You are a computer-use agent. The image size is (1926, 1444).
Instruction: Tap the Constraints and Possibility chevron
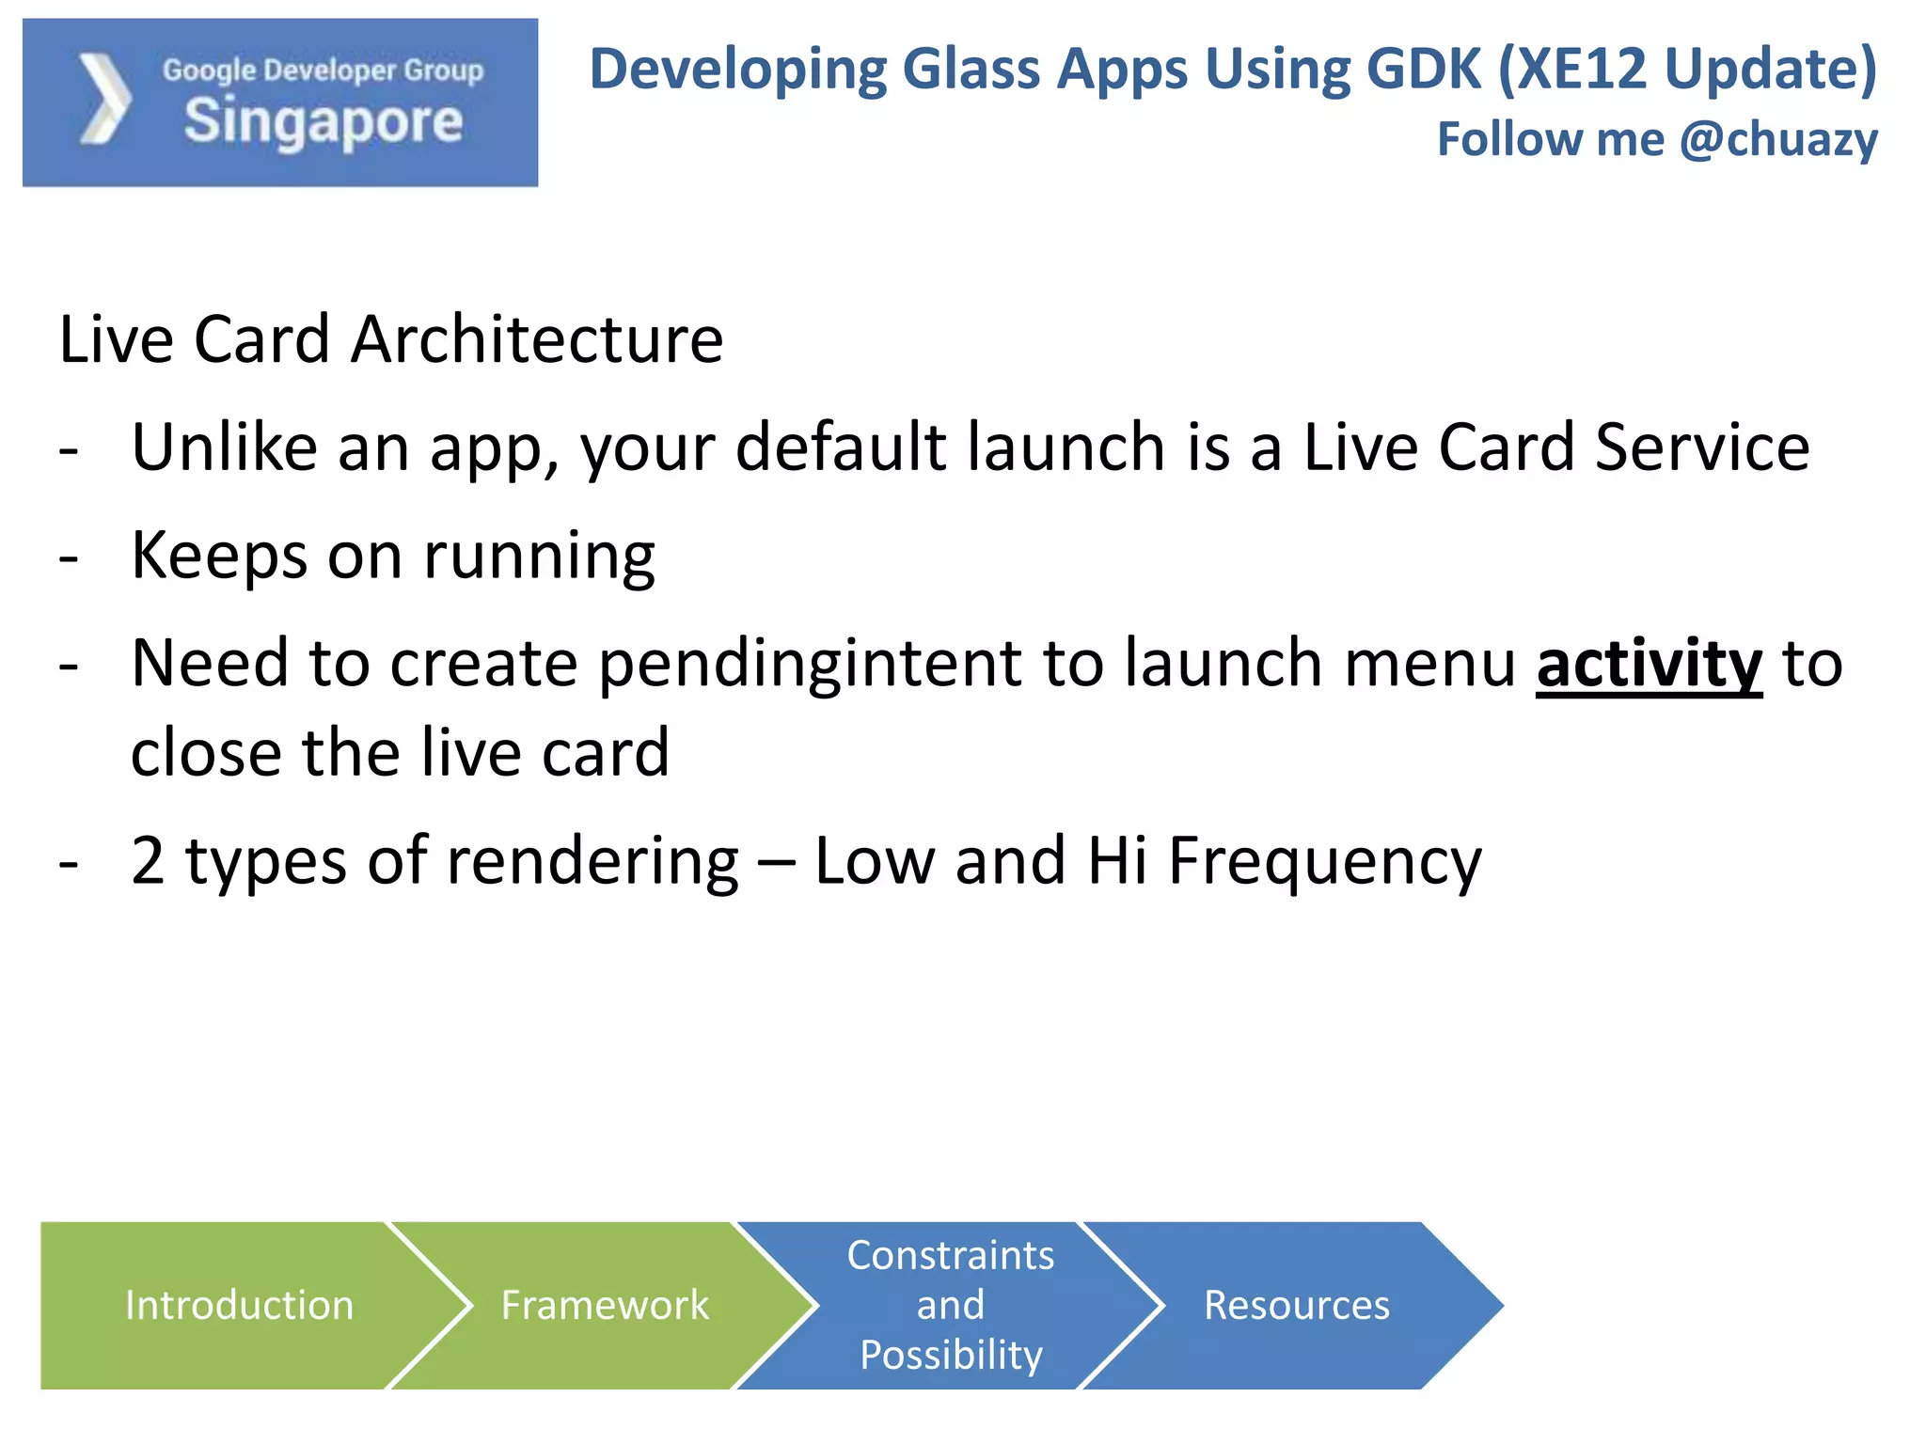[x=950, y=1305]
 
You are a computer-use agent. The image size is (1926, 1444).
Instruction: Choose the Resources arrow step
[x=1296, y=1305]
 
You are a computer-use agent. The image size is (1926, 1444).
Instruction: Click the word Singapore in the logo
[x=324, y=122]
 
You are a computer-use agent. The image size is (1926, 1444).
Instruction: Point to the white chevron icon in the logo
[x=104, y=100]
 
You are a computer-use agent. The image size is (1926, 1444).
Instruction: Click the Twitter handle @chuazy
[x=1778, y=139]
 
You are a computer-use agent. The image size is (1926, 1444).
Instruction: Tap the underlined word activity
[x=1649, y=664]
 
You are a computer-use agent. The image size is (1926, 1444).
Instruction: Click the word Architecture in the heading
[x=537, y=339]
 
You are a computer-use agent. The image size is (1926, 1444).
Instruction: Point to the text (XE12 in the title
[x=1571, y=69]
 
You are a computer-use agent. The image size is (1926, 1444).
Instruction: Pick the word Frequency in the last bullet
[x=1324, y=862]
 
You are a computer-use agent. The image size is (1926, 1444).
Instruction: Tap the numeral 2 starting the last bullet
[x=148, y=860]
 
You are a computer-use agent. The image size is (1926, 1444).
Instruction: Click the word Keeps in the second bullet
[x=219, y=556]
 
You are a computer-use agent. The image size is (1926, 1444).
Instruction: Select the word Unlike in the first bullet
[x=225, y=447]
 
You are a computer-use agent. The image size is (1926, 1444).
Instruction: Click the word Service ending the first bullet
[x=1702, y=447]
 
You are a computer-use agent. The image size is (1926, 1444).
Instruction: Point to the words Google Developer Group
[x=323, y=70]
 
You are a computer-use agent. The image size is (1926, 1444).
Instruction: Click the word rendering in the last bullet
[x=592, y=862]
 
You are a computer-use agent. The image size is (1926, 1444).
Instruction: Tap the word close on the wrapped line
[x=206, y=753]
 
